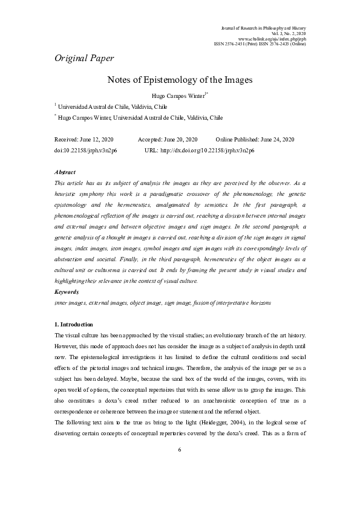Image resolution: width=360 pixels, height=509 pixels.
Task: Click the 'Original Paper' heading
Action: [84, 58]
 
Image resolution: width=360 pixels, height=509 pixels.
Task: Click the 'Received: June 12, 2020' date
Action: [89, 140]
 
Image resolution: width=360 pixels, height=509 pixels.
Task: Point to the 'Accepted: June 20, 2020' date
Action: [168, 140]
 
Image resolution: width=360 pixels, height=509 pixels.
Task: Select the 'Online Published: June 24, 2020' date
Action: [255, 140]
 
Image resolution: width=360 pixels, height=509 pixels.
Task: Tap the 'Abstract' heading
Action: [65, 172]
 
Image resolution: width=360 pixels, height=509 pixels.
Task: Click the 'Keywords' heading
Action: [67, 292]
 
